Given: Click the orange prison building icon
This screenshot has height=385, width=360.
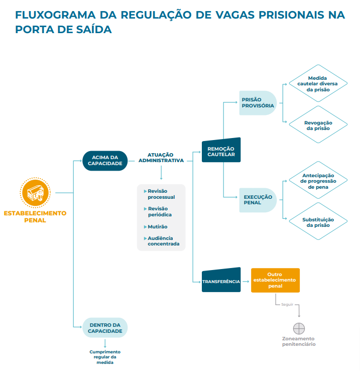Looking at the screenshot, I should coord(35,192).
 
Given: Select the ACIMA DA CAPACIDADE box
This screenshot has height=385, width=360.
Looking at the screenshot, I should coord(105,161).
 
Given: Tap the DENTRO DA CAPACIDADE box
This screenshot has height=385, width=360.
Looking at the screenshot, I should coord(105,328).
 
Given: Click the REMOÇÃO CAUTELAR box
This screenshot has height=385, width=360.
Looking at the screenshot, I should coord(221,151).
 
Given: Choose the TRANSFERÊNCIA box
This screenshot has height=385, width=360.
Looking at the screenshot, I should coord(221,281).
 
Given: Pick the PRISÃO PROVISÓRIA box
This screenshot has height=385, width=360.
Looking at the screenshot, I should coord(258,103).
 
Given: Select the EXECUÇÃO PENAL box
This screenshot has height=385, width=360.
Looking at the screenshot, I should coord(258,200).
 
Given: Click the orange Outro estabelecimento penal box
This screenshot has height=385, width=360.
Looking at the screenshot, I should coord(275,280).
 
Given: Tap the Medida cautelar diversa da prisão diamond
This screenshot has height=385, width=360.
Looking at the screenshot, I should coord(318,84).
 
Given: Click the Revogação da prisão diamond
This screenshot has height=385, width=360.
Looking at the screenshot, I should coord(318,125).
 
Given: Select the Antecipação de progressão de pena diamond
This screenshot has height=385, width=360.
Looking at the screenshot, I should coord(318,181).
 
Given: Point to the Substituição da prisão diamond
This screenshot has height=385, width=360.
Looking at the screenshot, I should coord(318,222).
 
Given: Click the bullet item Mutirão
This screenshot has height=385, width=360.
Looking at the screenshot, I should coord(157,227).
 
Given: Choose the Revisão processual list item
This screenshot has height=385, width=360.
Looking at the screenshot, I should coord(161,194).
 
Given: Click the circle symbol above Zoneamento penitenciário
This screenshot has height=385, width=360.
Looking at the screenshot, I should coord(299,328).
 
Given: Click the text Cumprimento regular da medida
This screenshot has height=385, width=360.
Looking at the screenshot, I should coord(105,357).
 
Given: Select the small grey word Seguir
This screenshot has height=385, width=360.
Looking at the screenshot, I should coord(287,305).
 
